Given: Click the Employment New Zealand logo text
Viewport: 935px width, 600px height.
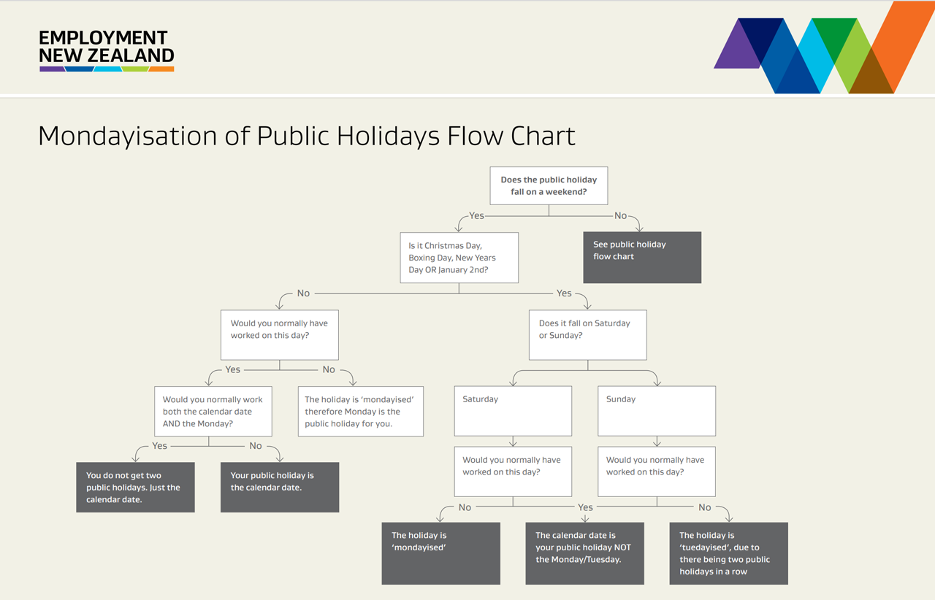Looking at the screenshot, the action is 107,46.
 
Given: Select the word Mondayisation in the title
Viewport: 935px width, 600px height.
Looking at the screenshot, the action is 128,136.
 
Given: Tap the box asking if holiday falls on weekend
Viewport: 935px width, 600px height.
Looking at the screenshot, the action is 549,185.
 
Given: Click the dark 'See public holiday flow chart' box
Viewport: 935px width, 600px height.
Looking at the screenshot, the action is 642,258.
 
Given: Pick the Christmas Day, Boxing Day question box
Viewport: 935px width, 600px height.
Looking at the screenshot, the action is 459,258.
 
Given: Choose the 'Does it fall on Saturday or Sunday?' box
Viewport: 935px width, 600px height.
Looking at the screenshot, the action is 588,334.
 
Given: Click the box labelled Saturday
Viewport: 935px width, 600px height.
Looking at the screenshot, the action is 513,411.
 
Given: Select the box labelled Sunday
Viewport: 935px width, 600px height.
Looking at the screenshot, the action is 657,411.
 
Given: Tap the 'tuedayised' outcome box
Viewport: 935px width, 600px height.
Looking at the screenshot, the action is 728,553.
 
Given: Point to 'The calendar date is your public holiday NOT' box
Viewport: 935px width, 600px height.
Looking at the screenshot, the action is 584,553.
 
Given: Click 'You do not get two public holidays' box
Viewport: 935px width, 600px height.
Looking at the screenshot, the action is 135,487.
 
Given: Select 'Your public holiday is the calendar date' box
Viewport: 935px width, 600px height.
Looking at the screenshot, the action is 280,487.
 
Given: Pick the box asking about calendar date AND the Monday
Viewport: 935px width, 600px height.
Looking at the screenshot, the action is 213,411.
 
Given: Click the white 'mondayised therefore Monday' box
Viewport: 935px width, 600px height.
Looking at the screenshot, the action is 361,411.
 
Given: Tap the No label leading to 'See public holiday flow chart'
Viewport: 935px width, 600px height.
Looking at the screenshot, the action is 621,216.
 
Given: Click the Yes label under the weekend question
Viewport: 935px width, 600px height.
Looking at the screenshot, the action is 476,216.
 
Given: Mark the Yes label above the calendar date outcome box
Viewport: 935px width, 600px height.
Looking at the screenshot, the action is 585,507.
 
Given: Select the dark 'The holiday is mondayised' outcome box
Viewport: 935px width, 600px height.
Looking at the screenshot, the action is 440,553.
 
